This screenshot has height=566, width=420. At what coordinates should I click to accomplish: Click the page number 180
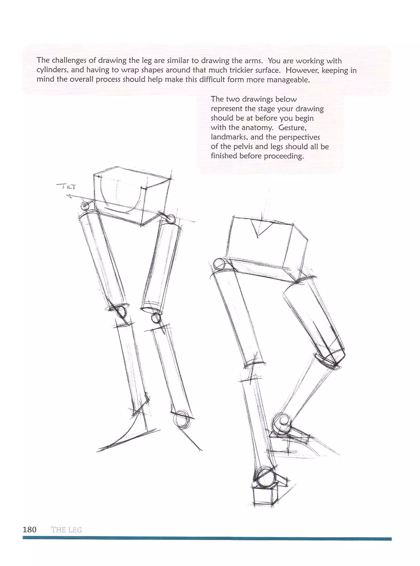coord(30,530)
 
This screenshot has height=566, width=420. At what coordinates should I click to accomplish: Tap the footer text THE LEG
coord(66,530)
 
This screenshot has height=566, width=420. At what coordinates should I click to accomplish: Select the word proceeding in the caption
coord(284,156)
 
